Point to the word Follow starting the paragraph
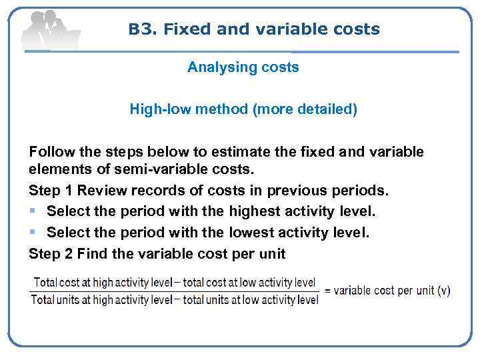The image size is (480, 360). pos(49,152)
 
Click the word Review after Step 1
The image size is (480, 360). pos(103,191)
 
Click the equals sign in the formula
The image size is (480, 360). pos(327,291)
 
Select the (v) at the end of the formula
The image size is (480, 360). pos(444,291)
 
